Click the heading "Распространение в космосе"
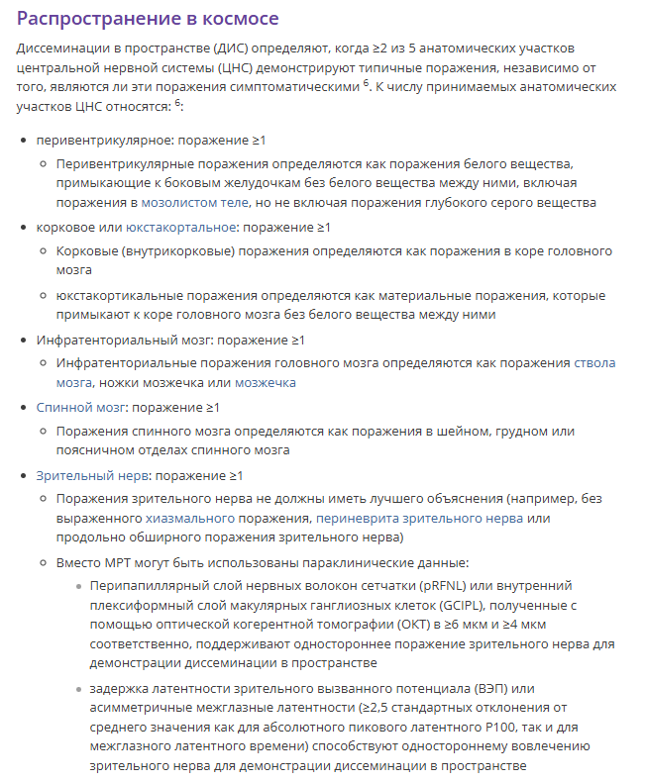pos(148,19)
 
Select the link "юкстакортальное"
pos(181,228)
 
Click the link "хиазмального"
pos(190,518)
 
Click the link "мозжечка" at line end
pos(265,382)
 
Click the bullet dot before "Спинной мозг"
pos(24,407)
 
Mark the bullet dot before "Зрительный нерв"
pos(24,475)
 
